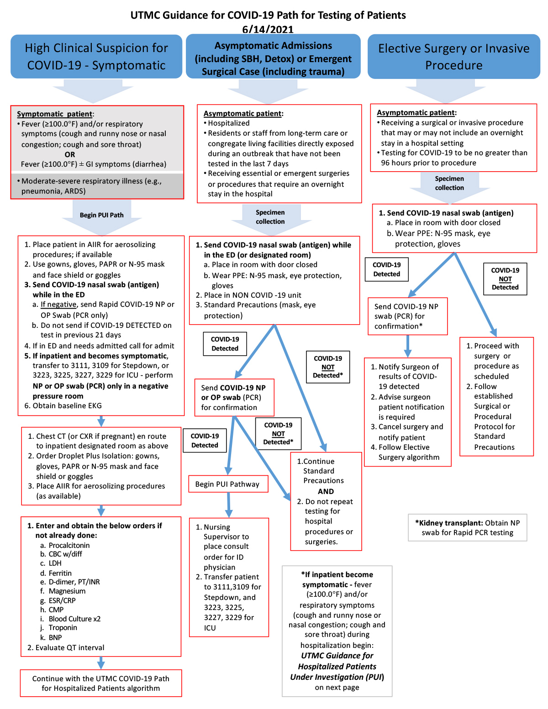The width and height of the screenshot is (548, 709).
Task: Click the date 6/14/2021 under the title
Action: [x=268, y=29]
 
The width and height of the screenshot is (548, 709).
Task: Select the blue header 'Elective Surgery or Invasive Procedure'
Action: [x=453, y=57]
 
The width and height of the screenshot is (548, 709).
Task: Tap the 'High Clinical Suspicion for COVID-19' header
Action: [x=96, y=57]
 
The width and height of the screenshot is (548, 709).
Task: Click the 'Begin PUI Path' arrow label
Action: [x=101, y=215]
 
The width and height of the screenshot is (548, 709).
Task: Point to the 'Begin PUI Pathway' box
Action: [x=228, y=484]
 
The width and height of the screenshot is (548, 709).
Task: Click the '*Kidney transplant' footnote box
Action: [x=467, y=528]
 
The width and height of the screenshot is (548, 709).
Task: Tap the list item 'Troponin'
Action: [x=63, y=627]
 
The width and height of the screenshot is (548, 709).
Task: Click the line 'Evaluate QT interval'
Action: [x=66, y=648]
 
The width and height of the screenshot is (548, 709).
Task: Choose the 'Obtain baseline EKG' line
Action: [x=63, y=405]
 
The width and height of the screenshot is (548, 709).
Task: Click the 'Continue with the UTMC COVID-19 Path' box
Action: [x=101, y=683]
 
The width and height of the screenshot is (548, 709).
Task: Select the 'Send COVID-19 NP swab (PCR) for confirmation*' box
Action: [x=408, y=316]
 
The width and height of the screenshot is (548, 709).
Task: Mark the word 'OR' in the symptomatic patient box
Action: [x=70, y=154]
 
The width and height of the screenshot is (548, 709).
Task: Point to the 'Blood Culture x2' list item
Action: [x=74, y=619]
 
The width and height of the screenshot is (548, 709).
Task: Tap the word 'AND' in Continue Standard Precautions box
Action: [x=326, y=491]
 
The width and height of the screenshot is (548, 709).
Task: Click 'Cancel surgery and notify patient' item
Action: [x=407, y=432]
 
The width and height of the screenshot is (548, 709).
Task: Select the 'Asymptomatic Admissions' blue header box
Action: [x=273, y=56]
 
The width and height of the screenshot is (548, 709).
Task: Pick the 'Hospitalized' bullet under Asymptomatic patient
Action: [x=228, y=123]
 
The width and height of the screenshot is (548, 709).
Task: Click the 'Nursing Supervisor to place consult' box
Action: [x=229, y=577]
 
